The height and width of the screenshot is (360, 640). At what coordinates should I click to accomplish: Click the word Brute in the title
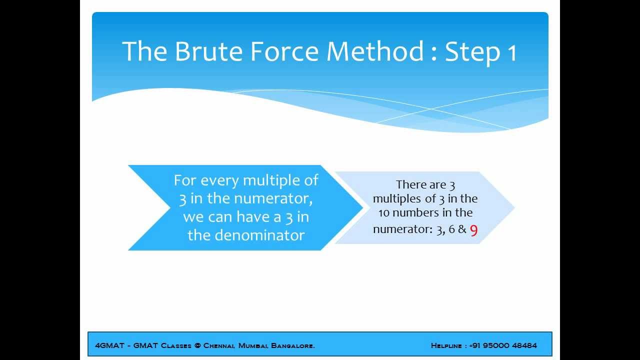point(208,51)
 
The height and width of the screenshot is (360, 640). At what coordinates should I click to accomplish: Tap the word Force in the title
point(284,51)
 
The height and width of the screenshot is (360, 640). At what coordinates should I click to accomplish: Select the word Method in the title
point(375,51)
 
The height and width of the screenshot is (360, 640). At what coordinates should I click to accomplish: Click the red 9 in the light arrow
point(473,230)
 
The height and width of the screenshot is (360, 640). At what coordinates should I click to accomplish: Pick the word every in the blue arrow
point(219,181)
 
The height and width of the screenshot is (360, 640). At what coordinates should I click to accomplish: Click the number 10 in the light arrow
point(384,213)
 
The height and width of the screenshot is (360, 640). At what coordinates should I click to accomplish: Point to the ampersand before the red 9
point(462,229)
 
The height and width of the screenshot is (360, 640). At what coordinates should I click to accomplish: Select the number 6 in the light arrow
point(451,229)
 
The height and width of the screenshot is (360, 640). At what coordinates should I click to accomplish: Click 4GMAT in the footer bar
point(109,345)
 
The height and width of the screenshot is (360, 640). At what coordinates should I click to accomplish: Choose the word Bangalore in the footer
point(293,345)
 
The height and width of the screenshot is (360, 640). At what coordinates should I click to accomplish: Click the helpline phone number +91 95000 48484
point(503,345)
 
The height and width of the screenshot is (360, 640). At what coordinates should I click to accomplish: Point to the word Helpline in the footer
point(446,345)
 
